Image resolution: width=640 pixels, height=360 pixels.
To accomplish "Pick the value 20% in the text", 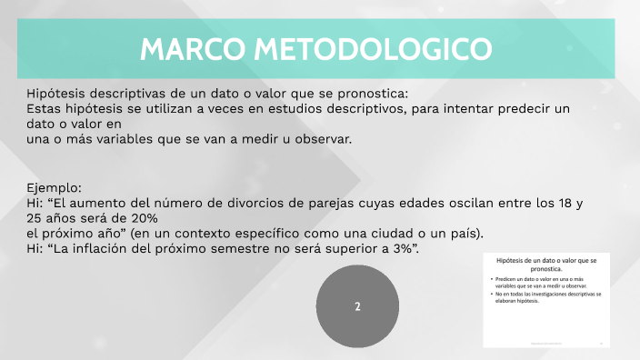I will [144, 218].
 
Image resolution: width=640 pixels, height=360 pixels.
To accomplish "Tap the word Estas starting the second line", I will [45, 108].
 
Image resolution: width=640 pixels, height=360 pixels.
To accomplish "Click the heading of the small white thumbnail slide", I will [545, 265].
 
